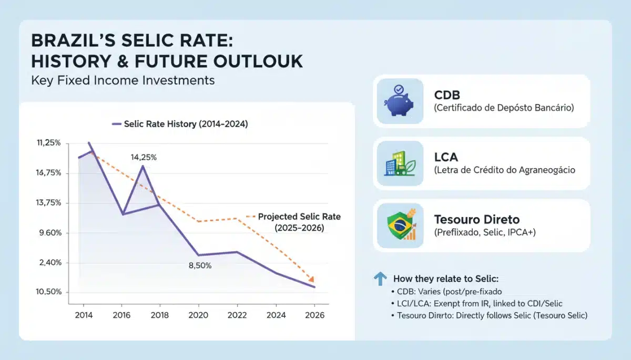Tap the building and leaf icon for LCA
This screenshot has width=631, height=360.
coord(400,163)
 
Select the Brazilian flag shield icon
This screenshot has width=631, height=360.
coord(401,224)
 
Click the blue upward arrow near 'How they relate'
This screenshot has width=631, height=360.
coord(380,279)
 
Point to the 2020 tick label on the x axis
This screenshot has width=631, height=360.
coord(198,315)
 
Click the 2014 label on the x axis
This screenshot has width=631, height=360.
coord(84,315)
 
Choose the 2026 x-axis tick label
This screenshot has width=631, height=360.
coord(314,315)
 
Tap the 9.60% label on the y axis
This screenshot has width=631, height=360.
coord(50,233)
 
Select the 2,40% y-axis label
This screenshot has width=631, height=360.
coord(50,263)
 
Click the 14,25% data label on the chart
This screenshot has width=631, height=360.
coord(144,157)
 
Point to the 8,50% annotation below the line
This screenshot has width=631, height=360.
coord(200,265)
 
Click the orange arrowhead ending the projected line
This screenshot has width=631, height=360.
coord(311,279)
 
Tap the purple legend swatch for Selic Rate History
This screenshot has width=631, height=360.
coord(117,124)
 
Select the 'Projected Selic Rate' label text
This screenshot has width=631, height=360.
coord(299,217)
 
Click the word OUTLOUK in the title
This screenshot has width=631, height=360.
coord(258,61)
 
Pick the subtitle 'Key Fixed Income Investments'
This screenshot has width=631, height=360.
coord(123,80)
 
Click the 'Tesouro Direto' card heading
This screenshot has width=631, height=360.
coord(476,219)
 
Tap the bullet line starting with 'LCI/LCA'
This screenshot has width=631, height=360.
coord(477,303)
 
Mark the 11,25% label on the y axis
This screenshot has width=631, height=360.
coord(49,143)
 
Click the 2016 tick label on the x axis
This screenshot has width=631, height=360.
coord(121,315)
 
